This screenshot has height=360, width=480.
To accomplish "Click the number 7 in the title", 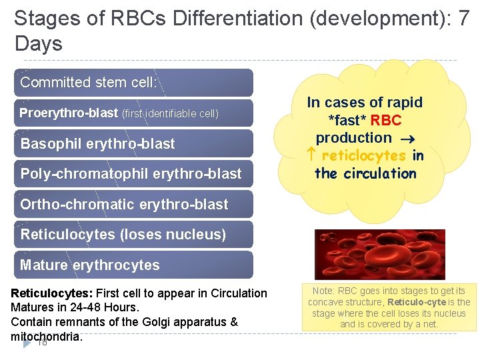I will [465, 19].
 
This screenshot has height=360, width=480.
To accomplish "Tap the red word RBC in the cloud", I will [386, 121].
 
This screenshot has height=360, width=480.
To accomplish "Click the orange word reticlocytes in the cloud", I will [363, 155].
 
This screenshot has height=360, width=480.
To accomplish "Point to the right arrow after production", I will [407, 139].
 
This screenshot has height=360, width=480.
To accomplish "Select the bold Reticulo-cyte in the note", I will [414, 302].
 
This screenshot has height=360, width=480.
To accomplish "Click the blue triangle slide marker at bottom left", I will [27, 343].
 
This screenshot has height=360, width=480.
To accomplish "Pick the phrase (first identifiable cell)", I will [170, 114].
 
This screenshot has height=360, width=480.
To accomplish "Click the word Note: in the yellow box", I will [323, 291].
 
